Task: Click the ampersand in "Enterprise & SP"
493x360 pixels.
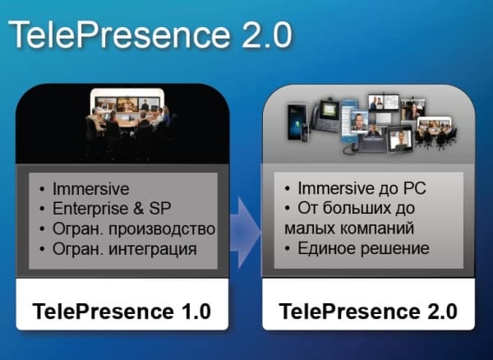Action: coord(142,207)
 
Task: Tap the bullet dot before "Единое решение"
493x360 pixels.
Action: coord(287,247)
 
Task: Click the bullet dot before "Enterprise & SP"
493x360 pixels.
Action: coord(43,207)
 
